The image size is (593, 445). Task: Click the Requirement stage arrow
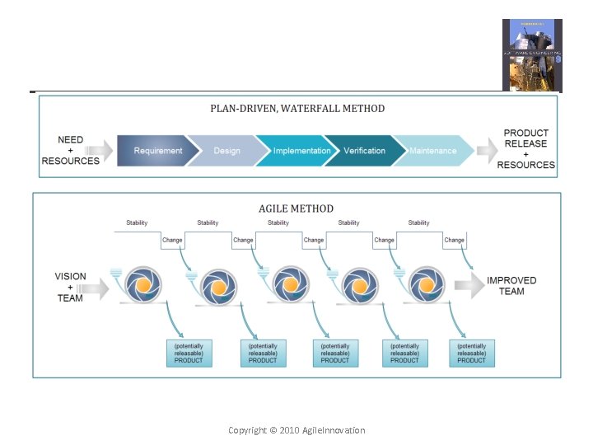coord(158,151)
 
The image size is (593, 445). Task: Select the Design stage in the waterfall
coord(226,151)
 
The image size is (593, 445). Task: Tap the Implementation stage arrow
coord(301,151)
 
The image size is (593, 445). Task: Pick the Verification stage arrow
coord(364,151)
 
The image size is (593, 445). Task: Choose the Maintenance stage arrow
coord(433,151)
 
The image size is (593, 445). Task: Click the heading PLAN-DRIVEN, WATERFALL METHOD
coord(296,108)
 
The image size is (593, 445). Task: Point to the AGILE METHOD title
coord(296,208)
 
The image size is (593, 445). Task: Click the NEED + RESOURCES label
coord(70,151)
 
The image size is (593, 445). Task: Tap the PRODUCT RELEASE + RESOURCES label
coord(526,149)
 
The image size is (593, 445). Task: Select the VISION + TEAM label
coord(70,287)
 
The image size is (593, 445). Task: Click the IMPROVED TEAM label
coord(511,286)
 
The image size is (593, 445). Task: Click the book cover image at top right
coord(532,55)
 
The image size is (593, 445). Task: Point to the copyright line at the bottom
coord(296,430)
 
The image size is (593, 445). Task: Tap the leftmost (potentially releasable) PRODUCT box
coord(189,353)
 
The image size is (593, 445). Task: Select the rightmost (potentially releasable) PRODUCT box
coord(472,353)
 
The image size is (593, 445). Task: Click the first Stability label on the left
coord(138,222)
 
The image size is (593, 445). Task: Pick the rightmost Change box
coord(455,241)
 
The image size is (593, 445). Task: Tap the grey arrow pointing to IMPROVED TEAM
coord(467,286)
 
